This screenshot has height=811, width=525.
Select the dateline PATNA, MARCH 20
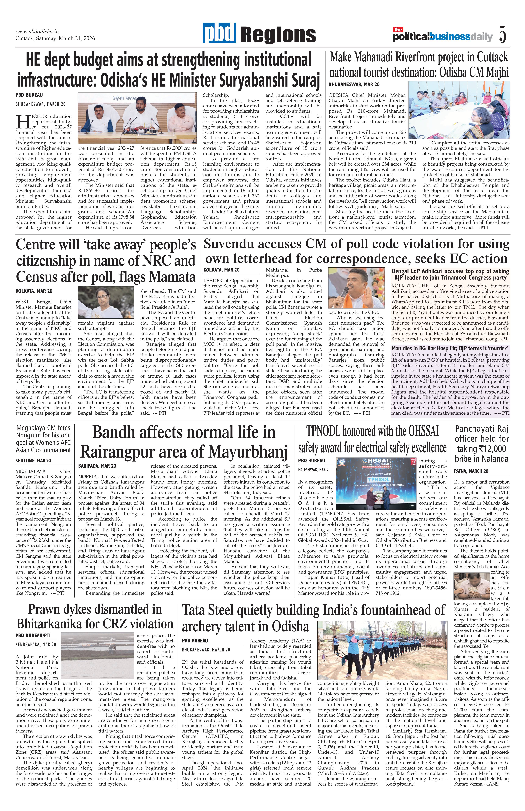471,471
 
